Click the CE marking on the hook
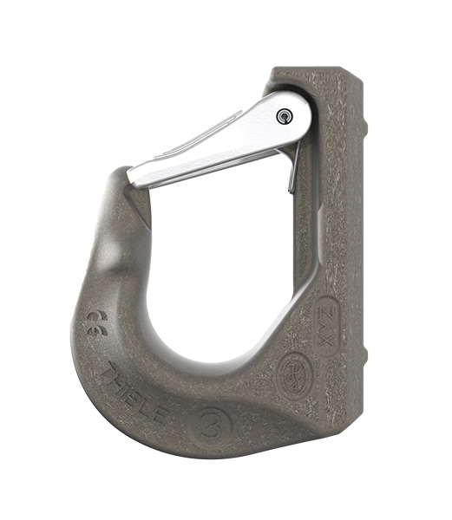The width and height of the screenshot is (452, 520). click(x=95, y=323)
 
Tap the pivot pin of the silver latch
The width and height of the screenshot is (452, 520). click(x=285, y=116)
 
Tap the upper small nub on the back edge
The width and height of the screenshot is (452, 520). click(x=365, y=129)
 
